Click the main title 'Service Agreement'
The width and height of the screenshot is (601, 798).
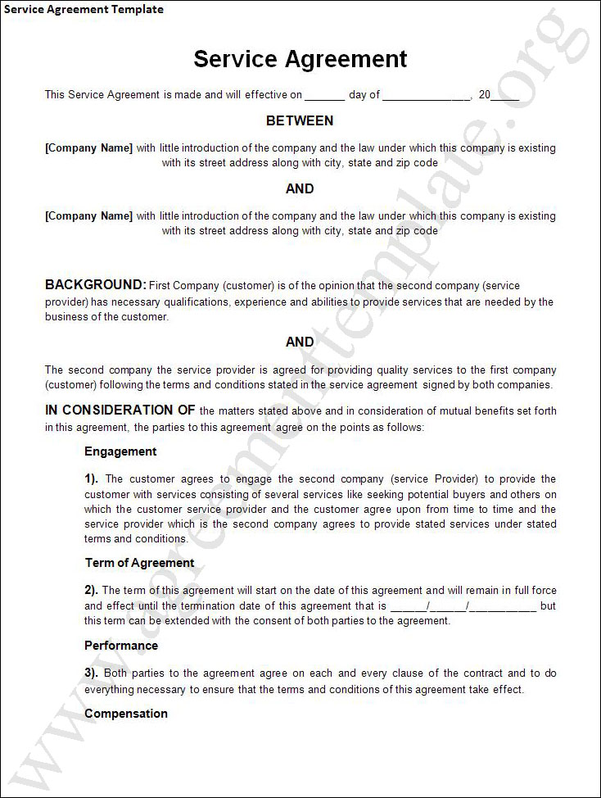click(x=300, y=59)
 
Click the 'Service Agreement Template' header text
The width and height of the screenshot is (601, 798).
click(x=83, y=10)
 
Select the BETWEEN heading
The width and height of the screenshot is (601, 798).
click(x=300, y=121)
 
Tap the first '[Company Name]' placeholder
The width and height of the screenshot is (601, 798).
click(x=88, y=148)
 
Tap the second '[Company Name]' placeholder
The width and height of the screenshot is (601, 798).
click(x=88, y=216)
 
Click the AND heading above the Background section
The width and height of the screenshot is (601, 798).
click(x=300, y=189)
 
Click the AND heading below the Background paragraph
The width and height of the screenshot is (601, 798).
click(x=300, y=342)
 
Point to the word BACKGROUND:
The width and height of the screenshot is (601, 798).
click(x=95, y=285)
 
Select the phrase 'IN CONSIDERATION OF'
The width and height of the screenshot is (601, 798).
click(x=120, y=410)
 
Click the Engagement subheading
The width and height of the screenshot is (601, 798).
click(x=120, y=451)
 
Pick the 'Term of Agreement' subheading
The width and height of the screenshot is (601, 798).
click(x=140, y=563)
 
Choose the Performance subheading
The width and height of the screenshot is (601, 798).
click(x=121, y=646)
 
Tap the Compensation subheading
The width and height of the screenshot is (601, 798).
click(x=126, y=714)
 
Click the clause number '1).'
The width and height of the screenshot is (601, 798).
click(x=92, y=479)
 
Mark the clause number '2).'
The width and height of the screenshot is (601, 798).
click(x=92, y=590)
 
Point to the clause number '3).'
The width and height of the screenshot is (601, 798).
click(x=92, y=673)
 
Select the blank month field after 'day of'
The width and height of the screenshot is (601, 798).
click(x=426, y=96)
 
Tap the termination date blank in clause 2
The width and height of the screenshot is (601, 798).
click(x=463, y=607)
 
